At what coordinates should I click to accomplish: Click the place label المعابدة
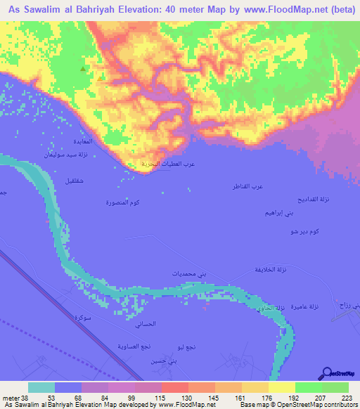[x=92, y=140]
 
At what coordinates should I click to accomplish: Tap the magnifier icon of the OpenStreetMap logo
[x=328, y=373]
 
